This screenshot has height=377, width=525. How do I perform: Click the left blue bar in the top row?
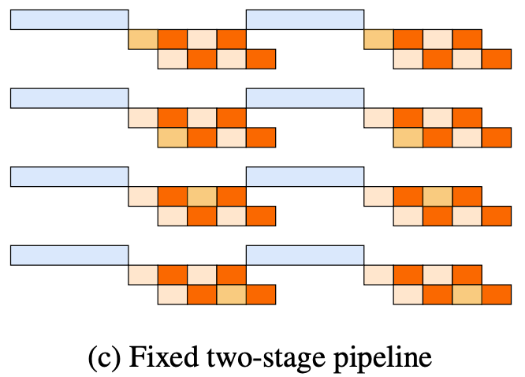pyautogui.click(x=69, y=20)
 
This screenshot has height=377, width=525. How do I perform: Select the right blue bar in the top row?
pyautogui.click(x=305, y=20)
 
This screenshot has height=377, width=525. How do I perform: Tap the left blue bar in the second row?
pyautogui.click(x=69, y=98)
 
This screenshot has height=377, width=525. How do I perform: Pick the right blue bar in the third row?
pyautogui.click(x=305, y=177)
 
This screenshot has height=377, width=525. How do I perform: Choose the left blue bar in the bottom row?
pyautogui.click(x=69, y=256)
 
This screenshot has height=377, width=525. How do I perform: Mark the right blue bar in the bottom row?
pyautogui.click(x=305, y=256)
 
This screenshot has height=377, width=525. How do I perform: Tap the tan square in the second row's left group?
pyautogui.click(x=173, y=137)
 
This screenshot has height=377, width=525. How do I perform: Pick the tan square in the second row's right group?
pyautogui.click(x=408, y=137)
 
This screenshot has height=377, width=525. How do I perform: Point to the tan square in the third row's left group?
pyautogui.click(x=202, y=196)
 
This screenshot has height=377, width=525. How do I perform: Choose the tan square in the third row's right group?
pyautogui.click(x=438, y=196)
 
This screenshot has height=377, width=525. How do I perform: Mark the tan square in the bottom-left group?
pyautogui.click(x=232, y=295)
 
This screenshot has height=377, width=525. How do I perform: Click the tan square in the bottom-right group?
pyautogui.click(x=467, y=295)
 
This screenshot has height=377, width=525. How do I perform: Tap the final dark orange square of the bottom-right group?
pyautogui.click(x=497, y=295)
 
